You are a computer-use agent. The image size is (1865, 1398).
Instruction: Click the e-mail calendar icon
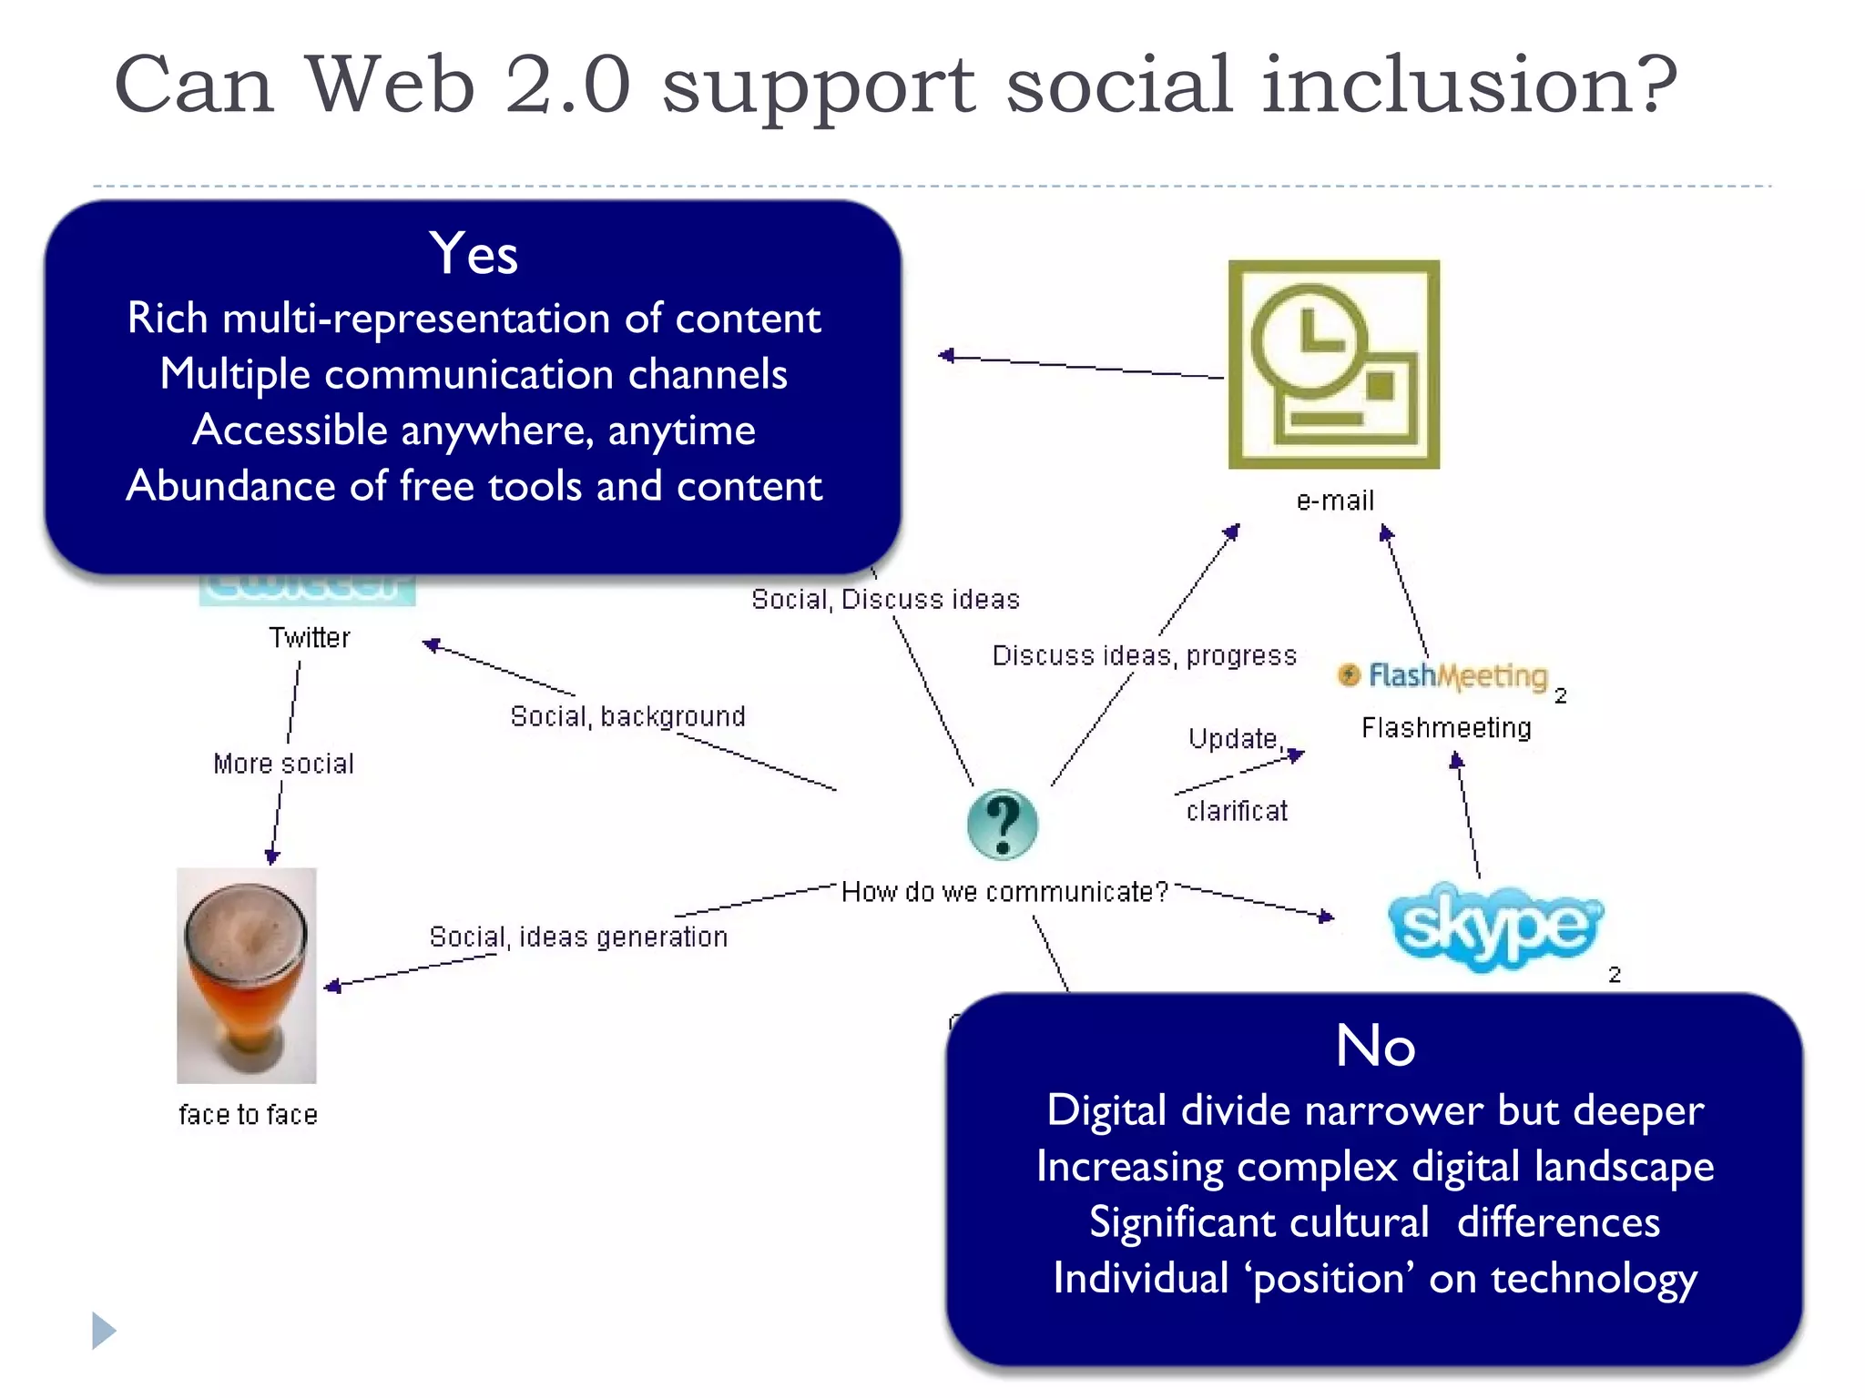[1333, 364]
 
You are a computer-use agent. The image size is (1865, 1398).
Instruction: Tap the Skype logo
[1494, 927]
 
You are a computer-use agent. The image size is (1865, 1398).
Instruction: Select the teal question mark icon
[1002, 825]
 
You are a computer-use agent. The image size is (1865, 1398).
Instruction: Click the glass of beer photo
[247, 975]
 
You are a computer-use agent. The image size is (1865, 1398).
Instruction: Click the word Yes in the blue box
[474, 254]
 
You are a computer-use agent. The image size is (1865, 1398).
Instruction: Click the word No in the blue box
[1375, 1046]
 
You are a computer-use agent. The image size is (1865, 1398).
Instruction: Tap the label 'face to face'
[248, 1115]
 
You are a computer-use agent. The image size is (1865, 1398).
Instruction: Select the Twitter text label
[310, 638]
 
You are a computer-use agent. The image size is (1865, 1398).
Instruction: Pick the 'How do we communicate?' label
[1004, 892]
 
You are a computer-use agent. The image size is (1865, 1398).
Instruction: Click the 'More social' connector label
[283, 764]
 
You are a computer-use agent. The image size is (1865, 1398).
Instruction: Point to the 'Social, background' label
[627, 717]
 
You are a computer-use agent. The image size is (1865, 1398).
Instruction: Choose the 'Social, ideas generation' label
[578, 937]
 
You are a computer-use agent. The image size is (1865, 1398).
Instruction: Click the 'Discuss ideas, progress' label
[1144, 656]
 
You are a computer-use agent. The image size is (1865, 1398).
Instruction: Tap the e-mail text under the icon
[1335, 501]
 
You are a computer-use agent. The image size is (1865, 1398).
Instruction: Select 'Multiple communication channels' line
[474, 375]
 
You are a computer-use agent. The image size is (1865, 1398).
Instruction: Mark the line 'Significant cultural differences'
[1374, 1222]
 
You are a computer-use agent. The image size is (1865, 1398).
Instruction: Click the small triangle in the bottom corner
[104, 1331]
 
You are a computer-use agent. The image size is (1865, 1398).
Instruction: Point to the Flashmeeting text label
[1446, 728]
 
